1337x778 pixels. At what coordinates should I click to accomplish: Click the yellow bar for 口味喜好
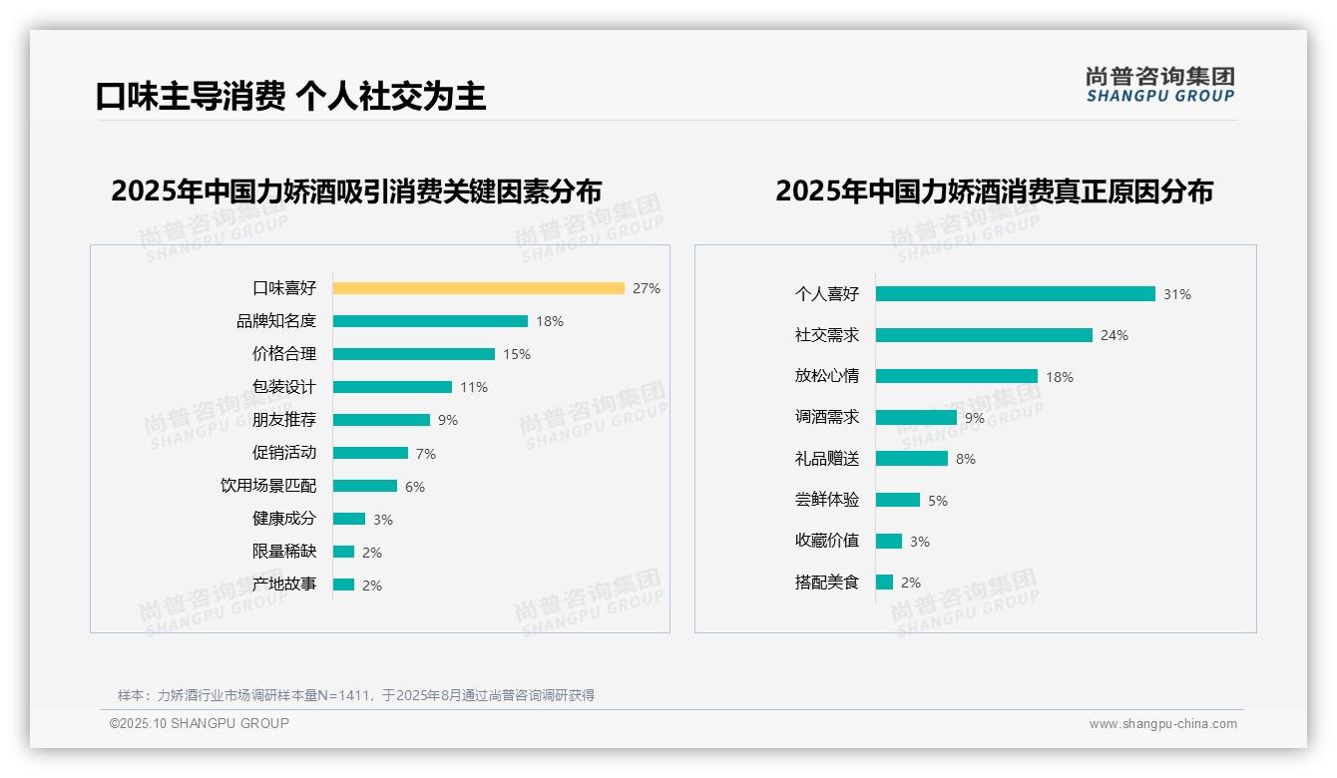tap(478, 288)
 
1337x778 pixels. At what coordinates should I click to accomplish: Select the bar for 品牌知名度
tap(430, 321)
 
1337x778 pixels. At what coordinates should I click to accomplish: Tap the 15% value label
tap(517, 354)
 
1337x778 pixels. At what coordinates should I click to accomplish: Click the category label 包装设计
tap(284, 387)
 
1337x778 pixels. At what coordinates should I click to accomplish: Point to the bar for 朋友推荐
tap(381, 420)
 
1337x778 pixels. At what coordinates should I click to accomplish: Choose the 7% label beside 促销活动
tap(426, 454)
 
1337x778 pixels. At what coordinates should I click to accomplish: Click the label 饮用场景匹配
tap(268, 486)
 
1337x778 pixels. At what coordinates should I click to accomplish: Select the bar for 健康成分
tap(349, 519)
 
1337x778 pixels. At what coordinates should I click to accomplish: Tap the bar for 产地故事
tap(343, 584)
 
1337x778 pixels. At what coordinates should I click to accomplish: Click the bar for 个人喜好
tap(1015, 294)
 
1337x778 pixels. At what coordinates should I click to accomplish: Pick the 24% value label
tap(1114, 336)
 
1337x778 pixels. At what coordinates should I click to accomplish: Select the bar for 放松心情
tap(956, 376)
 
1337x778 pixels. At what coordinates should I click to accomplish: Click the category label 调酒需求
tap(826, 417)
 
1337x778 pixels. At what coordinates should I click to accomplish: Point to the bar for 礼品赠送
tap(911, 459)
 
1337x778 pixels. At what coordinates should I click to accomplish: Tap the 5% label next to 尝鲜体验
tap(938, 501)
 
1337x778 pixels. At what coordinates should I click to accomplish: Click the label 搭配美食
tap(826, 583)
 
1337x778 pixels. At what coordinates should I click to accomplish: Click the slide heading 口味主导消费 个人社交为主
tap(290, 97)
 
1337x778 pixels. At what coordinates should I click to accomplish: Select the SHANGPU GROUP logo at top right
tap(1160, 84)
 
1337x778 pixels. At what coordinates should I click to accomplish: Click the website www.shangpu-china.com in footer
tap(1162, 724)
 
